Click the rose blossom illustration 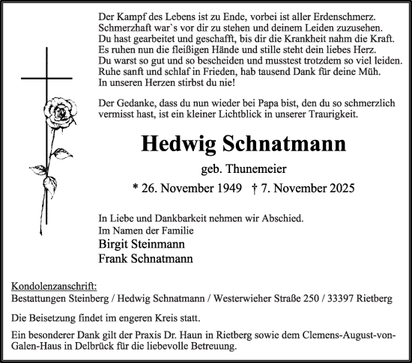point(58,113)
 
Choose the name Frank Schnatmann point(144,259)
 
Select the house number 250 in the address point(300,298)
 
